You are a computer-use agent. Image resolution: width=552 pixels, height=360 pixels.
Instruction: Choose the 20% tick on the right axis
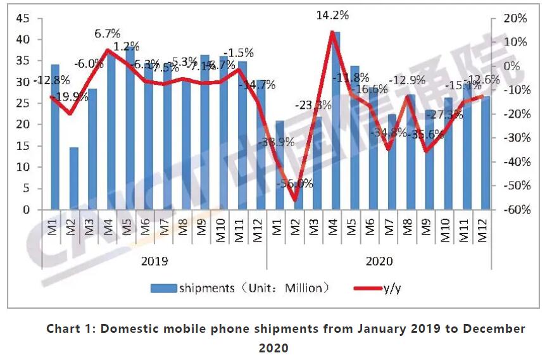[x=513, y=18]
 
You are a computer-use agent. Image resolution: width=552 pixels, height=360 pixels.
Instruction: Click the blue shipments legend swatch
[x=164, y=289]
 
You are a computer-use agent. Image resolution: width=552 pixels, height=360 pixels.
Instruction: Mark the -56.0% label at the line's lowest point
[x=295, y=183]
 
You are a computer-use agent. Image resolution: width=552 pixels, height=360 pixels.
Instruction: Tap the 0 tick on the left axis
[x=26, y=210]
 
